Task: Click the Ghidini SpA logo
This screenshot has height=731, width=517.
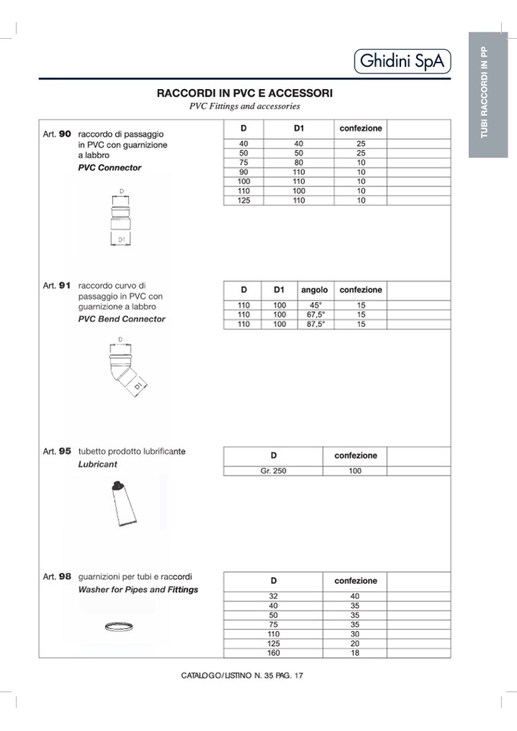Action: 402,61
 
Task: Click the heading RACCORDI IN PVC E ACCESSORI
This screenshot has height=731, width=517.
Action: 244,93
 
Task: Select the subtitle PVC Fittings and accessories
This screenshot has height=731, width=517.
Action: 244,107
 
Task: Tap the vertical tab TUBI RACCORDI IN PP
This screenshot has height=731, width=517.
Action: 487,94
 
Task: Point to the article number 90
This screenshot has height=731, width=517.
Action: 65,133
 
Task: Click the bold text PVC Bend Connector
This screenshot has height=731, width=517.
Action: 121,319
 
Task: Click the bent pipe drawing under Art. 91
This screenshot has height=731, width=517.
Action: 122,368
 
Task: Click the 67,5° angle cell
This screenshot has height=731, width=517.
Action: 315,314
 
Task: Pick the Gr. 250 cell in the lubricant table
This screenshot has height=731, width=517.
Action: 273,470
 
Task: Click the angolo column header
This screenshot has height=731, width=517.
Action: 314,290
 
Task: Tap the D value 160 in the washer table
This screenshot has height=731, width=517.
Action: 274,652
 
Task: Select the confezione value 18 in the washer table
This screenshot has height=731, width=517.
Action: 355,652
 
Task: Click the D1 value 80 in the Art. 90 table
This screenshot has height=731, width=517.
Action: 299,162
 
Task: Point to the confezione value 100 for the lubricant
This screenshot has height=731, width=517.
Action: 355,470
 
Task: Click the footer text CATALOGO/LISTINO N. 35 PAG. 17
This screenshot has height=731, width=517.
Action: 242,675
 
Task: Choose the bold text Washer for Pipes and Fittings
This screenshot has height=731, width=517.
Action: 138,589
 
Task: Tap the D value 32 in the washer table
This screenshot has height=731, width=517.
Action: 274,595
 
